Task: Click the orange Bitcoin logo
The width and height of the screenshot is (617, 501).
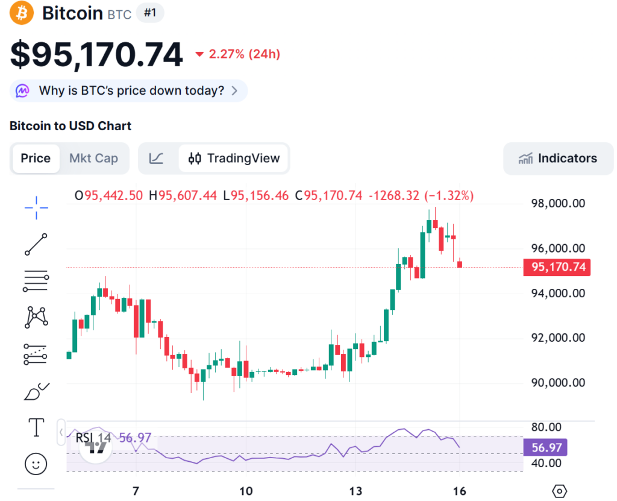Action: coord(22,13)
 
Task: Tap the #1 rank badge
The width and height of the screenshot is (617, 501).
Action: coord(150,13)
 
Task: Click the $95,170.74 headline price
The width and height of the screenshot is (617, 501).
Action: coord(96,55)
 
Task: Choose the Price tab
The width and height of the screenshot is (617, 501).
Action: coord(36,159)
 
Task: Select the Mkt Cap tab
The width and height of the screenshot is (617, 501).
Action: coord(93,159)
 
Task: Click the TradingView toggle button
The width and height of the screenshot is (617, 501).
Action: coord(234,159)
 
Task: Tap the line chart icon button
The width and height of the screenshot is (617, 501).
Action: coord(156,159)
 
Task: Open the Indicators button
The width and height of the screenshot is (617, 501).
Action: coord(558,159)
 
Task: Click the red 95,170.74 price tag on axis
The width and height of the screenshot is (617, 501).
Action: coord(557,267)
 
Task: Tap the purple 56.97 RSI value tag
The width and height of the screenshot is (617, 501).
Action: coord(545,448)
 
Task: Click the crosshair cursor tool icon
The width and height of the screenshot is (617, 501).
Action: coord(36,207)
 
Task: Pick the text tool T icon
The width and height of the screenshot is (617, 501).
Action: coord(36,427)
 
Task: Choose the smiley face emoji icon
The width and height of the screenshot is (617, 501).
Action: coord(36,464)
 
